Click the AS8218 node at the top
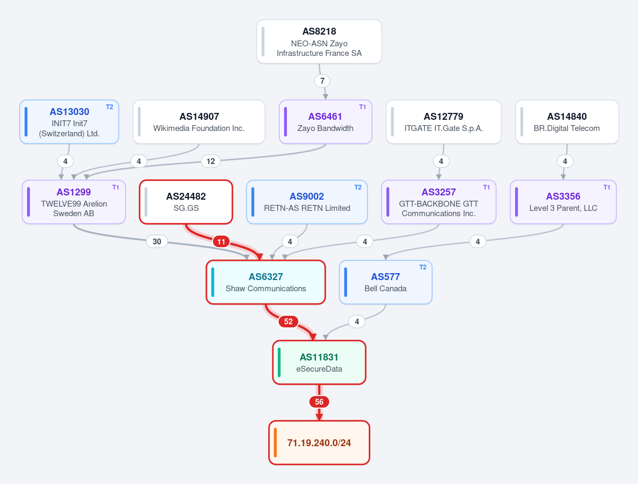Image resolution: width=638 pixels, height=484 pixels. (319, 42)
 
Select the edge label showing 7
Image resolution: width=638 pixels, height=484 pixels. (322, 80)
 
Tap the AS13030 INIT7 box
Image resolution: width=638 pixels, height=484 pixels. (69, 122)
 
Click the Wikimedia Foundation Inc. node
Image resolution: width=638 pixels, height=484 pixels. (199, 122)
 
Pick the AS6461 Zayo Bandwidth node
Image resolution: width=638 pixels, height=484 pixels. (326, 122)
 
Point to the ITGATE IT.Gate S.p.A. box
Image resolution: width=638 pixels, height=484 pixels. (443, 122)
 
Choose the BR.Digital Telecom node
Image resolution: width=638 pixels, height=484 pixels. (567, 122)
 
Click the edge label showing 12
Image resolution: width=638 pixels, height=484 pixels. (211, 161)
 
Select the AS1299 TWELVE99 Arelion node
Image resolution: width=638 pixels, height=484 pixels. (73, 202)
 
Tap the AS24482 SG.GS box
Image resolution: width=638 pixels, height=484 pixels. (186, 202)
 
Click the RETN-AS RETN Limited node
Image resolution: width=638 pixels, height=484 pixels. (307, 202)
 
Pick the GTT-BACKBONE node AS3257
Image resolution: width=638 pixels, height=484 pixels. (438, 202)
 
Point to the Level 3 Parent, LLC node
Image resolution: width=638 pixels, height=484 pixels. (563, 202)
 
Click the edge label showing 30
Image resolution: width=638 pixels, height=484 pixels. (157, 241)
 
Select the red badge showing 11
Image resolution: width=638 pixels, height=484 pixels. (221, 242)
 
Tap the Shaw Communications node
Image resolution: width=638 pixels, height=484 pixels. (266, 282)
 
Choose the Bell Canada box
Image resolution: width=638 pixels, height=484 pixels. (386, 282)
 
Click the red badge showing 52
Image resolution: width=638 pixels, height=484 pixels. (288, 322)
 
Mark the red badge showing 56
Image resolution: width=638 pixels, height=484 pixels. (319, 402)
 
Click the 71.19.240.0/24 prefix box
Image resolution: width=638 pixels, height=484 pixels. (319, 442)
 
